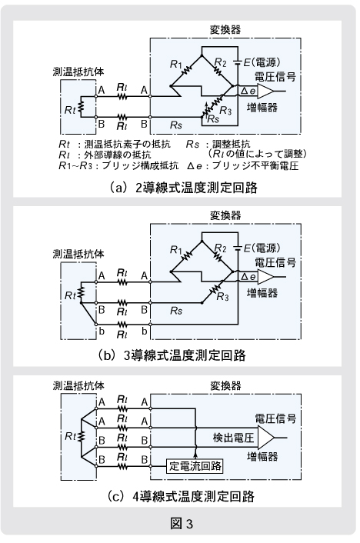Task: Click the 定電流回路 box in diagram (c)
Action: (195, 466)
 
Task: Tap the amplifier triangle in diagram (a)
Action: (265, 91)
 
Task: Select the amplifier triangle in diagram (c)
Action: (265, 438)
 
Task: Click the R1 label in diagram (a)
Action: (175, 64)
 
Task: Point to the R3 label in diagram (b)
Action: (223, 297)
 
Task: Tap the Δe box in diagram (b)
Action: (248, 277)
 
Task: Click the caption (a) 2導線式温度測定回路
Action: (184, 188)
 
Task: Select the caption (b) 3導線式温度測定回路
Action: (172, 355)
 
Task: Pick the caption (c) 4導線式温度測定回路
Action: (181, 496)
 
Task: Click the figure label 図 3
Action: (182, 523)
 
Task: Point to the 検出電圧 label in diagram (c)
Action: (234, 438)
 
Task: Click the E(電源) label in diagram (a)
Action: (262, 62)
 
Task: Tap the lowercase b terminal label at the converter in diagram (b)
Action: (144, 331)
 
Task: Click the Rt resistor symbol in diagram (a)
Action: (81, 107)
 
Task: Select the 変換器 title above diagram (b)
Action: (225, 215)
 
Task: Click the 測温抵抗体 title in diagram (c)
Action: (78, 385)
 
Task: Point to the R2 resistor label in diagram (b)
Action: (220, 248)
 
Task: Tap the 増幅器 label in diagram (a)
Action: (262, 108)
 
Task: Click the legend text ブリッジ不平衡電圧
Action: (255, 165)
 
